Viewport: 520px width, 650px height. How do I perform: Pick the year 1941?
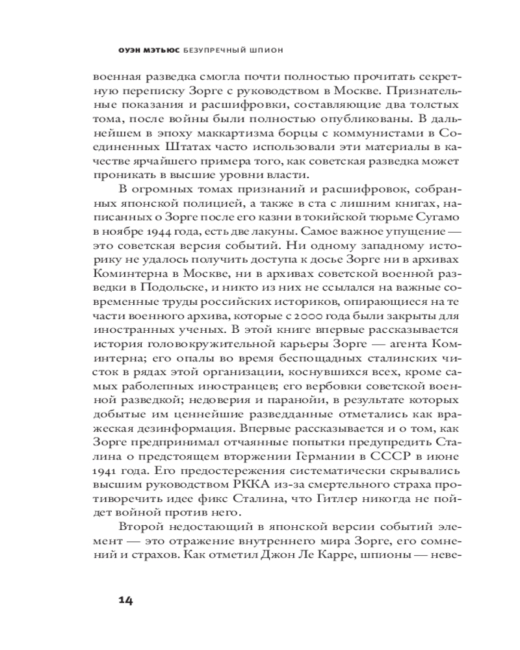tap(108, 470)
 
